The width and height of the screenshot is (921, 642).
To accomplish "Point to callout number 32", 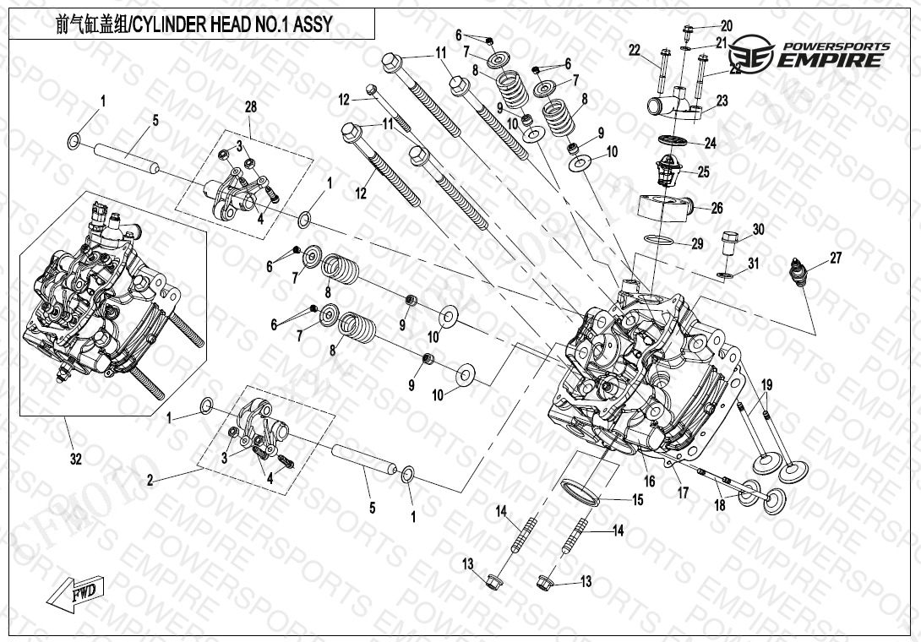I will [x=75, y=460].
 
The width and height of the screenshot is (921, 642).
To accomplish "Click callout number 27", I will [x=835, y=258].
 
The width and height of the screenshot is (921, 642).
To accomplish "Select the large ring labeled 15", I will [x=581, y=492].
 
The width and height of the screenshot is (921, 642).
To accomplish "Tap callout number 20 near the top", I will [x=726, y=25].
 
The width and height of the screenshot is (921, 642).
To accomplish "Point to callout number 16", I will [x=649, y=481].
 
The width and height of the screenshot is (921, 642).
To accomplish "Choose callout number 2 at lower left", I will [x=150, y=480].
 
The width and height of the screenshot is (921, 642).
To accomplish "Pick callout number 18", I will [x=719, y=505].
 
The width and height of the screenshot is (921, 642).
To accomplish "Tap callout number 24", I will [x=710, y=144].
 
